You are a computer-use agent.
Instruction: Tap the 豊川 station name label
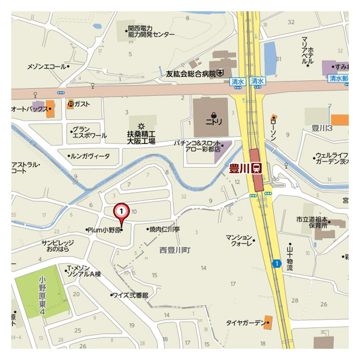(x=239, y=168)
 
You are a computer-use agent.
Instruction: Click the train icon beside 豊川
(x=256, y=168)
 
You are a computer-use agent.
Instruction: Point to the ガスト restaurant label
(x=82, y=103)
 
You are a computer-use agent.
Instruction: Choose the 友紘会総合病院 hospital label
(x=191, y=73)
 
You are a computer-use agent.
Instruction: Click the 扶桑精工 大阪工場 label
(x=141, y=138)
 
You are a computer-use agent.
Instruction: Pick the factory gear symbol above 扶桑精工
(x=141, y=124)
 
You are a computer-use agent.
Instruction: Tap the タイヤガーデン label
(x=245, y=322)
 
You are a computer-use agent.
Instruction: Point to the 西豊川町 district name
(x=175, y=249)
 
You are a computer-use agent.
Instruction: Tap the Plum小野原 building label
(x=103, y=229)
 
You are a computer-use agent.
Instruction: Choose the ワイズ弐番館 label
(x=130, y=295)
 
